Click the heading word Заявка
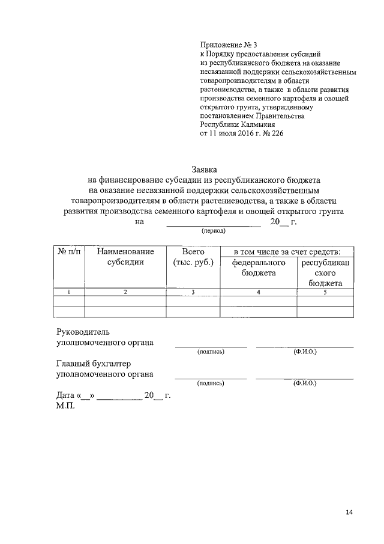click(204, 170)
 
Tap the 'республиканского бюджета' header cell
click(325, 273)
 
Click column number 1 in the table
click(69, 292)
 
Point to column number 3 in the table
click(193, 292)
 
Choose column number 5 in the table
click(325, 292)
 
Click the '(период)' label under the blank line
click(214, 230)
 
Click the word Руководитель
click(83, 331)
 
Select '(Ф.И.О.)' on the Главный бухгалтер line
click(305, 383)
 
